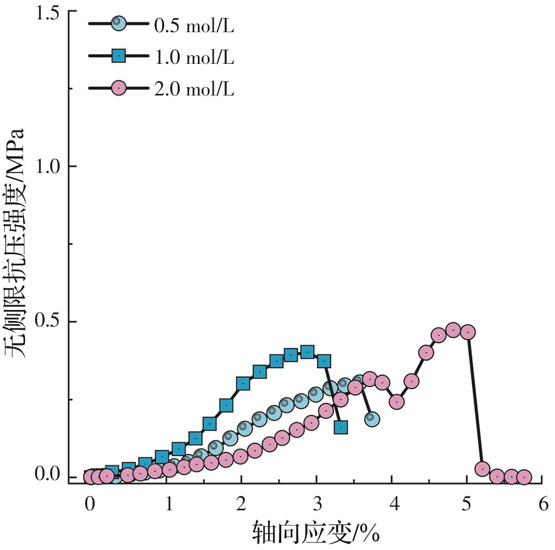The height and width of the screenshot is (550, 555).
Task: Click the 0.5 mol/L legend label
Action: [194, 26]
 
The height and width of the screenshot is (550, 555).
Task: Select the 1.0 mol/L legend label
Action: [194, 57]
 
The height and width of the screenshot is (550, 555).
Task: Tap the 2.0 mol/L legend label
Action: [194, 88]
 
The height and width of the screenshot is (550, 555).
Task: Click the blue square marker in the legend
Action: [119, 56]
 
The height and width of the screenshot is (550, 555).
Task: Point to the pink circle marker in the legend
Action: [119, 88]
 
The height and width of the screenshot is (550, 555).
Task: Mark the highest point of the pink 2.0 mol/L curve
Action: [453, 330]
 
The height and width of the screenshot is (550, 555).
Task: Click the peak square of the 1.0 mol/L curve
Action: [307, 352]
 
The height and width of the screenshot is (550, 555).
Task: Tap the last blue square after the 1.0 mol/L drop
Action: [341, 427]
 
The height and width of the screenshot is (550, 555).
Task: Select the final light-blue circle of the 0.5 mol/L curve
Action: [372, 419]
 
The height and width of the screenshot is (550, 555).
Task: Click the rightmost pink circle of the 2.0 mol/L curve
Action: [523, 477]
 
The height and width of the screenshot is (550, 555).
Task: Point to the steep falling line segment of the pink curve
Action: [475, 402]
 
